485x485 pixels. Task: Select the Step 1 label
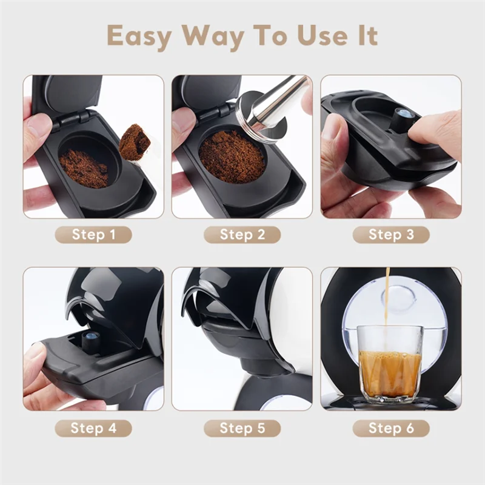(x=93, y=235)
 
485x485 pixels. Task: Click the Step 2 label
(x=242, y=235)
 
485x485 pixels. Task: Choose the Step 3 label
(x=391, y=235)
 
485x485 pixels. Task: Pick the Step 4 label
(x=93, y=428)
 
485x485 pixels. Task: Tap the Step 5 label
(x=242, y=428)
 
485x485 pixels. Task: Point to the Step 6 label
(x=391, y=428)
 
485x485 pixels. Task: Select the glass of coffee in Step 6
(x=390, y=364)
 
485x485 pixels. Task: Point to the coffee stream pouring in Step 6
(x=387, y=297)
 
